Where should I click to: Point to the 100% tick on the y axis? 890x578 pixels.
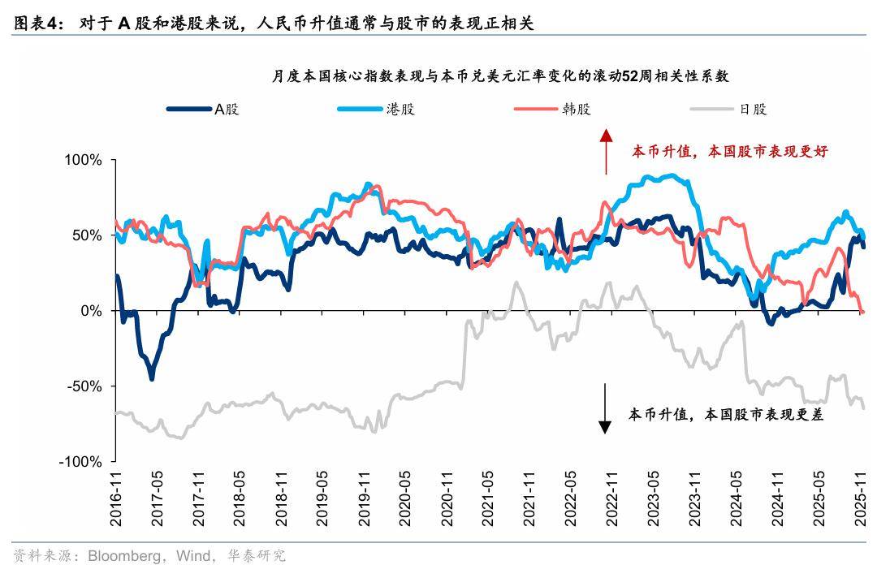(84, 161)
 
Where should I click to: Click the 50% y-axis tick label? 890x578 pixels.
(88, 235)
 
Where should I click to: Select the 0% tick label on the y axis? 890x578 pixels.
(91, 311)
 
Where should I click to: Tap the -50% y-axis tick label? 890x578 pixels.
(86, 386)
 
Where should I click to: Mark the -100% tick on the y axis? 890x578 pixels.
(81, 461)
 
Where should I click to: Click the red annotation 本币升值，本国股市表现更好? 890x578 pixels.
(730, 152)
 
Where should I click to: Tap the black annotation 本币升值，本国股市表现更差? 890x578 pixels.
(726, 414)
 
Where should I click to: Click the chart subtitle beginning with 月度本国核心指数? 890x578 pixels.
(499, 76)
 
